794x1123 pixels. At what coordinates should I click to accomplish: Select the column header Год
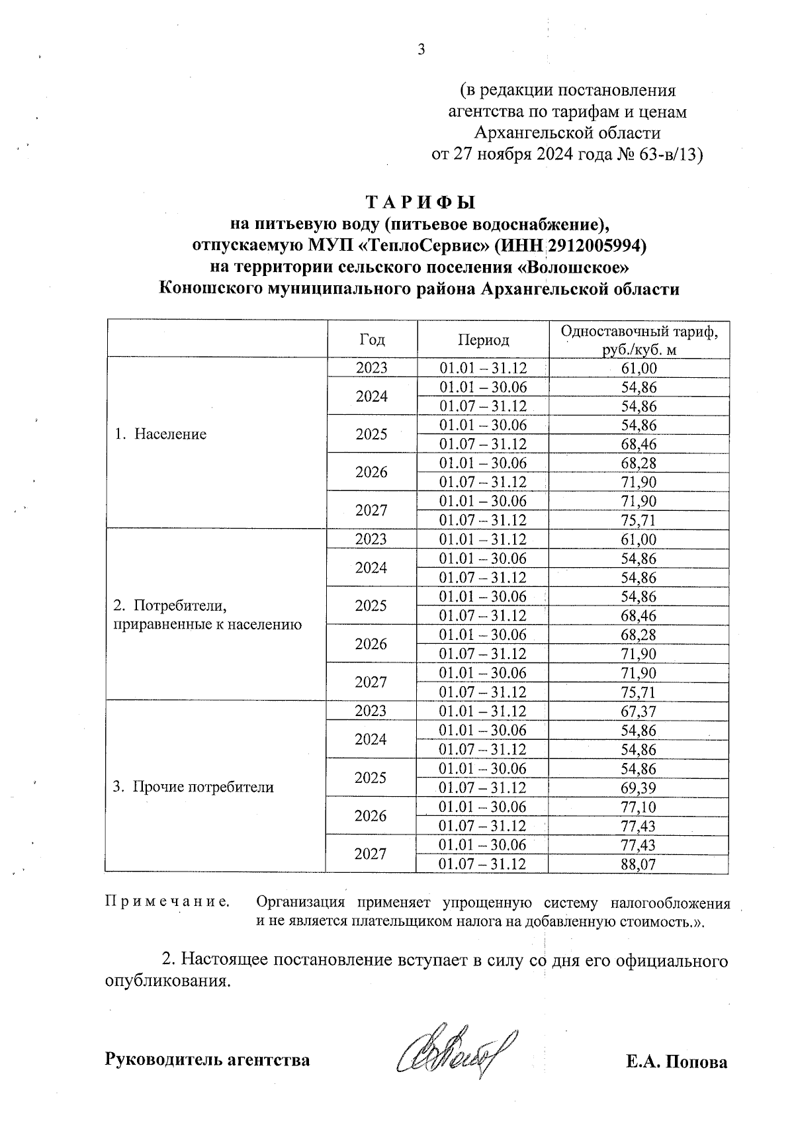click(x=372, y=339)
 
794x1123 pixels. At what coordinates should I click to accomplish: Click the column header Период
click(x=483, y=339)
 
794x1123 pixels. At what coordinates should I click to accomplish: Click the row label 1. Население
click(x=160, y=434)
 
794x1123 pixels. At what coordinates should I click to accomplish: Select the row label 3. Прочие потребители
click(x=193, y=787)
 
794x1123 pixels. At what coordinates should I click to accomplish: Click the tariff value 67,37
click(x=639, y=711)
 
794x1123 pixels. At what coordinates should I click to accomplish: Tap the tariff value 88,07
click(x=639, y=864)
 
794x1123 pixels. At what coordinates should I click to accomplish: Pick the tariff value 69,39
click(x=639, y=787)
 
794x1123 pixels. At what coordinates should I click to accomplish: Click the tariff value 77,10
click(x=639, y=807)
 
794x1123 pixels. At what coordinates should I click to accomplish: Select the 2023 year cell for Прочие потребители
click(x=371, y=711)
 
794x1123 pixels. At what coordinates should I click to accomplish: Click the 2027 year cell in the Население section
click(x=371, y=510)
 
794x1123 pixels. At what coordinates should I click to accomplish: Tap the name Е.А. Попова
click(x=676, y=1062)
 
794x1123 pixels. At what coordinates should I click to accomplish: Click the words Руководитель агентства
click(x=207, y=1059)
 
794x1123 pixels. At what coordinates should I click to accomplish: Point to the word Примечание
click(x=167, y=901)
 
